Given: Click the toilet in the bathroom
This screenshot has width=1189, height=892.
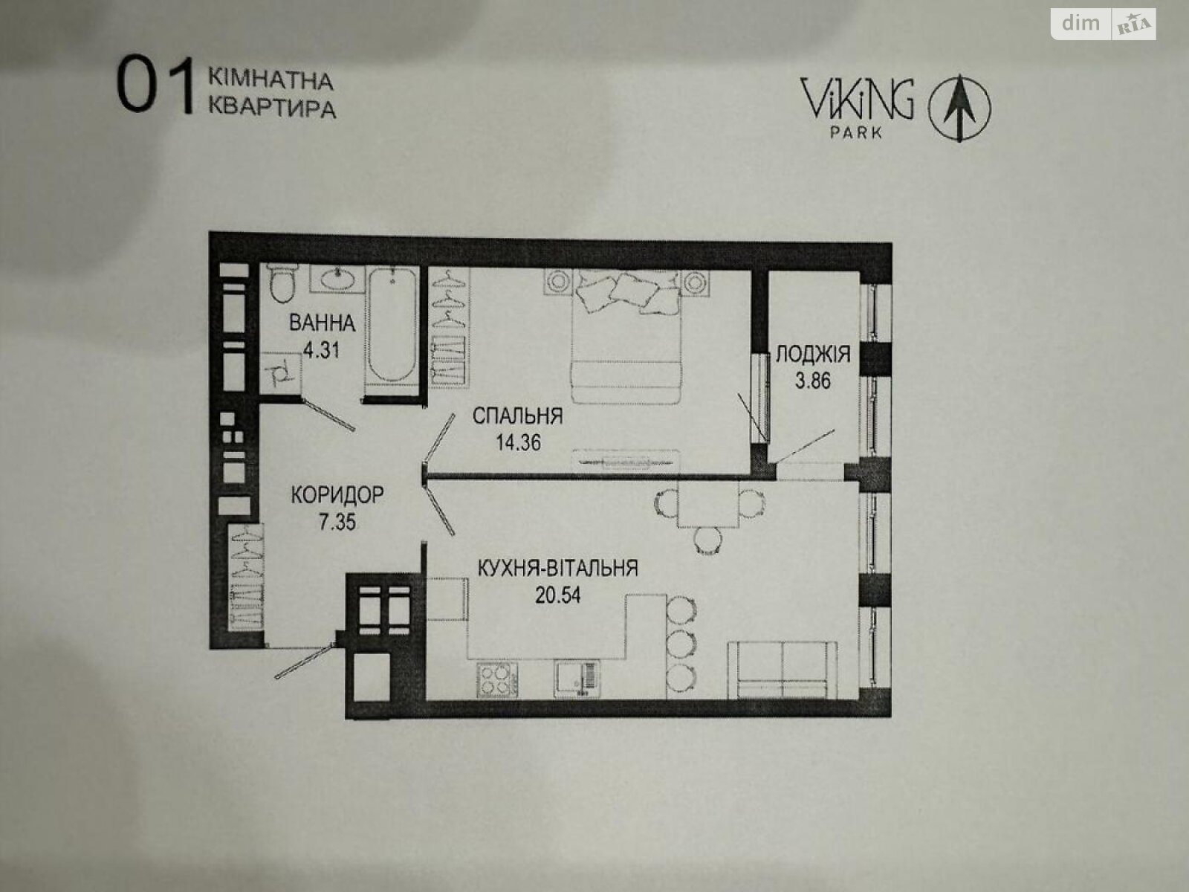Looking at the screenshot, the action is [283, 282].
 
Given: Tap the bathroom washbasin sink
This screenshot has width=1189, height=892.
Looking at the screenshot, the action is [337, 279].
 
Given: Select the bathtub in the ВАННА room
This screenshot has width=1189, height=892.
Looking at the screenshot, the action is [392, 326].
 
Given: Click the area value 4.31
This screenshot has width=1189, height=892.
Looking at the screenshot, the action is [321, 350].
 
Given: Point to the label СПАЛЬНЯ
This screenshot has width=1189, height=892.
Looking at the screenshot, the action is [517, 416].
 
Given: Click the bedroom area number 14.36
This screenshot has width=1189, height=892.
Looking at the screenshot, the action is [519, 442].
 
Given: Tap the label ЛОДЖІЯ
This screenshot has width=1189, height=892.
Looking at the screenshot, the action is [813, 355].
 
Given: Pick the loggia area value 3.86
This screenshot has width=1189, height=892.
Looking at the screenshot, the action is [812, 381].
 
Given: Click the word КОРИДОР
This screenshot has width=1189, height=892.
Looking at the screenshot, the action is [337, 495].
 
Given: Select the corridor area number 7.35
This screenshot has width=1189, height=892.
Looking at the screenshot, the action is [337, 522].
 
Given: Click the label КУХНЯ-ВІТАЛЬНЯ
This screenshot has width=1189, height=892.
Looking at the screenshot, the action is [558, 568].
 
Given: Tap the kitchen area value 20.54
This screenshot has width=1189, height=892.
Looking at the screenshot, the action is [558, 595].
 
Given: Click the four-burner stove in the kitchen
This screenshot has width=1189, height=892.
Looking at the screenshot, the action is [496, 680].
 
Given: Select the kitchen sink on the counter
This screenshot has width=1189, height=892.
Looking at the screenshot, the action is [577, 678].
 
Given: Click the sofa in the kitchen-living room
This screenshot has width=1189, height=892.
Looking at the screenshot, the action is [783, 670].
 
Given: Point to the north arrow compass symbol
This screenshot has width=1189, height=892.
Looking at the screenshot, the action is [960, 108].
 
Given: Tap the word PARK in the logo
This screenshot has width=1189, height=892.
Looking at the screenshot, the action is [856, 132].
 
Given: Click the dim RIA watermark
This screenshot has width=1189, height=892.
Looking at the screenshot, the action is [1104, 25].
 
